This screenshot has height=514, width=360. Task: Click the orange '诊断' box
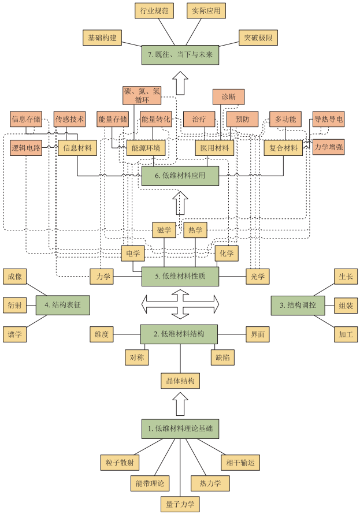[228, 96]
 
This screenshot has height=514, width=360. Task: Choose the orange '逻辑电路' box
[26, 148]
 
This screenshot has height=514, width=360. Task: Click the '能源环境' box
[146, 148]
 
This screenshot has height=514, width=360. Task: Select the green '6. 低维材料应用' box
[180, 176]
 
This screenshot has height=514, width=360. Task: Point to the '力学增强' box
[329, 147]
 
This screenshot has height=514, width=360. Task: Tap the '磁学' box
[164, 230]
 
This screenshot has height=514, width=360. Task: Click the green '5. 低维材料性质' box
[180, 276]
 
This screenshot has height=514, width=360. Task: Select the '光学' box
[258, 277]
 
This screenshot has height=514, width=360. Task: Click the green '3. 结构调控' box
[297, 304]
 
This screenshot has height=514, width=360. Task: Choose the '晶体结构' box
[180, 381]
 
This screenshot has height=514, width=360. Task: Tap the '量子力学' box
[180, 504]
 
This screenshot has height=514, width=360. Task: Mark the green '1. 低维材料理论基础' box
[180, 428]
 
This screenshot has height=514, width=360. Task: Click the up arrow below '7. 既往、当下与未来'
[181, 83]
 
